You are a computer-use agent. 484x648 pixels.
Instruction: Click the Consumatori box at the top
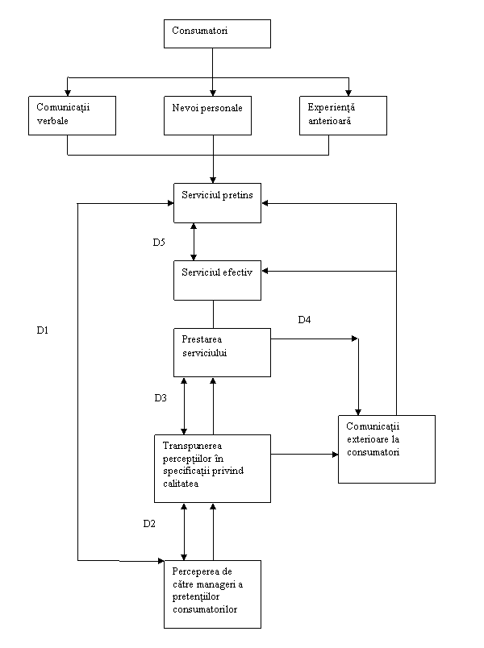click(x=217, y=34)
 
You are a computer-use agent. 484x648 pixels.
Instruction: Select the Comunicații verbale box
click(x=72, y=116)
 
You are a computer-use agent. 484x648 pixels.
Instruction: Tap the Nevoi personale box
click(x=207, y=116)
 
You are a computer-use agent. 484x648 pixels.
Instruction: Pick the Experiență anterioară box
click(x=343, y=116)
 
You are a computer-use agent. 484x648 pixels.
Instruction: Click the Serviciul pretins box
click(x=217, y=203)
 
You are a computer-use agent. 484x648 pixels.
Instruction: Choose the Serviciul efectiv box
click(x=217, y=280)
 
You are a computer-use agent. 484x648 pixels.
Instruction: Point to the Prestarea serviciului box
click(x=222, y=352)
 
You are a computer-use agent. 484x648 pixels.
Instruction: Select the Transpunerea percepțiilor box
click(x=213, y=468)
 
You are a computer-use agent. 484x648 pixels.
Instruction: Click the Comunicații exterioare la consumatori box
click(x=386, y=449)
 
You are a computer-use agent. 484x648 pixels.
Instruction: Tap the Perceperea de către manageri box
click(x=213, y=594)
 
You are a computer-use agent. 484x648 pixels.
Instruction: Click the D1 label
click(x=43, y=330)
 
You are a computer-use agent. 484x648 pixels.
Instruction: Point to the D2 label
click(x=149, y=524)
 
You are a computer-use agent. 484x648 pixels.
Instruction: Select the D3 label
click(x=161, y=398)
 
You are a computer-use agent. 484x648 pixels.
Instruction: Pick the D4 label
click(x=304, y=319)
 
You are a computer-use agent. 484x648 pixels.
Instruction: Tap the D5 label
click(x=159, y=242)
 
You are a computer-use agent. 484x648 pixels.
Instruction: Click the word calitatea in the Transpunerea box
click(x=181, y=484)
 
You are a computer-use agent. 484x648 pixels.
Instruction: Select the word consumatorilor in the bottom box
click(x=205, y=609)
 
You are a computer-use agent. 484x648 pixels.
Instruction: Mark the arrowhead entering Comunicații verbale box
click(x=68, y=93)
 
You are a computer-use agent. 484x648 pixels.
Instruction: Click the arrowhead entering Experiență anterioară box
click(x=348, y=93)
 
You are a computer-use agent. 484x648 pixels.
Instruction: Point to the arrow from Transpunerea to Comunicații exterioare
click(x=304, y=455)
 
